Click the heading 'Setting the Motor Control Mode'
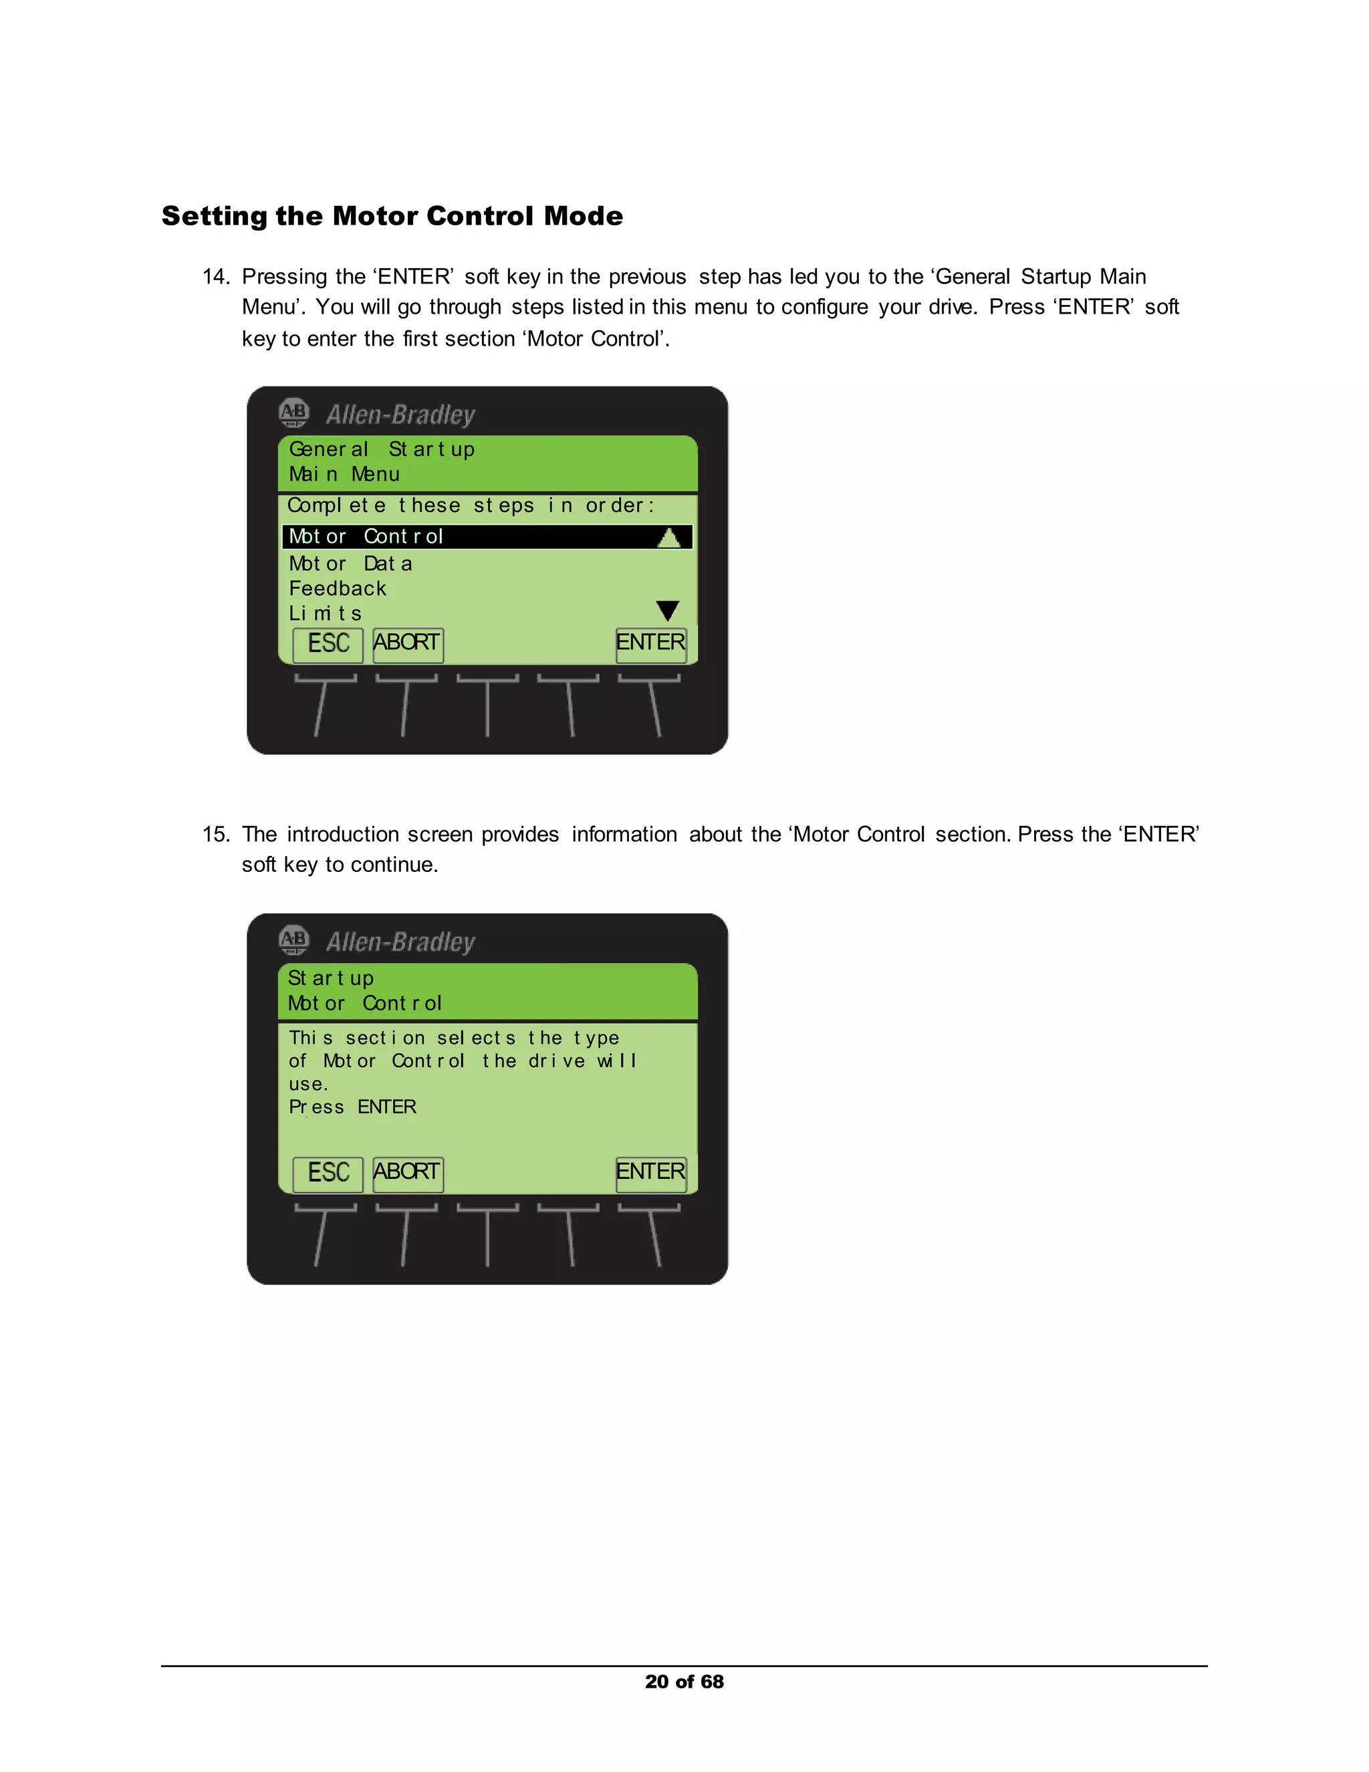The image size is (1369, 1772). [x=392, y=216]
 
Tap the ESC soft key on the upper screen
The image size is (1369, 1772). [x=328, y=644]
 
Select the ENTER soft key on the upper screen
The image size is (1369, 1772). [x=650, y=643]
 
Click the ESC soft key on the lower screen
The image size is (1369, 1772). [x=328, y=1174]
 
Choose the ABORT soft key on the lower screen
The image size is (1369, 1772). [x=407, y=1174]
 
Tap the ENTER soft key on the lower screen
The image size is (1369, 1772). [x=650, y=1174]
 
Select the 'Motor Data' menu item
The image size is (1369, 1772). [x=350, y=563]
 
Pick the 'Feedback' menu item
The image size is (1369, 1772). [x=338, y=588]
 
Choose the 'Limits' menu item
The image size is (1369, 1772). [x=326, y=613]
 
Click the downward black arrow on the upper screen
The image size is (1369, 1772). [x=668, y=610]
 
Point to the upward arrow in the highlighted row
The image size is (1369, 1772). [x=668, y=537]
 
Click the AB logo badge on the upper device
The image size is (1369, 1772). [x=293, y=413]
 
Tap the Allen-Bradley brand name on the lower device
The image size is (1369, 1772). [x=400, y=942]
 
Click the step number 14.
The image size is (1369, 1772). [x=215, y=277]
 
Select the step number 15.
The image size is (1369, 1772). [x=215, y=834]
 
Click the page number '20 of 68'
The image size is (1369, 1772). [x=684, y=1681]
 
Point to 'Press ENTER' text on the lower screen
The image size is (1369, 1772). [x=352, y=1107]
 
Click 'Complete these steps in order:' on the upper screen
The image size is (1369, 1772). [x=471, y=506]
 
